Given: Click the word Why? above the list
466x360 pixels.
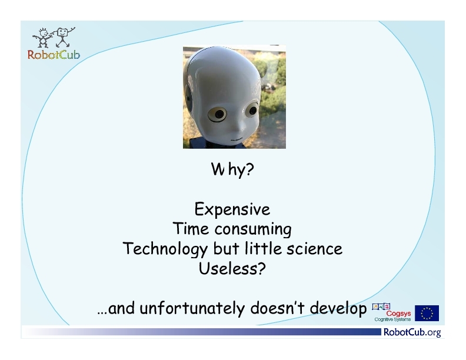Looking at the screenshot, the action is [232, 169].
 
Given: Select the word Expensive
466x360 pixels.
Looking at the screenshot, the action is [232, 209].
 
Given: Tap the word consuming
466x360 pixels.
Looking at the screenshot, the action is [253, 229].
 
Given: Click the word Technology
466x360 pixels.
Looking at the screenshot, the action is [165, 249].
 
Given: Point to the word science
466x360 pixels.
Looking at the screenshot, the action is [314, 249].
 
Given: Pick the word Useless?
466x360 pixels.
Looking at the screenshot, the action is [232, 268].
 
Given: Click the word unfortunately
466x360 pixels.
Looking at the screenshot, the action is [192, 308].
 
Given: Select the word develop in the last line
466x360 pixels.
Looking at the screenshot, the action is [338, 308].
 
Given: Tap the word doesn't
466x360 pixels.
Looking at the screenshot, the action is [278, 308].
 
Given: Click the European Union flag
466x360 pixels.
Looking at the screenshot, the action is [427, 313].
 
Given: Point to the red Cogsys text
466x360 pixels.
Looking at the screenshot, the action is [398, 314].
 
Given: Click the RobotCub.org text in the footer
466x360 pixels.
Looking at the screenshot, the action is [412, 332].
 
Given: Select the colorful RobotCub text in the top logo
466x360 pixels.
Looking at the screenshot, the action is [54, 55].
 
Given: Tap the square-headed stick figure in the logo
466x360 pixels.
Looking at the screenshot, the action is [64, 37].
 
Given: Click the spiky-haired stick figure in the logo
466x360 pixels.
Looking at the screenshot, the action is [42, 38].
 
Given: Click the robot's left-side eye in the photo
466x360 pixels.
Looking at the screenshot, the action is [218, 114].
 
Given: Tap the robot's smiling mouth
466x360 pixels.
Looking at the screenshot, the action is [237, 139].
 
